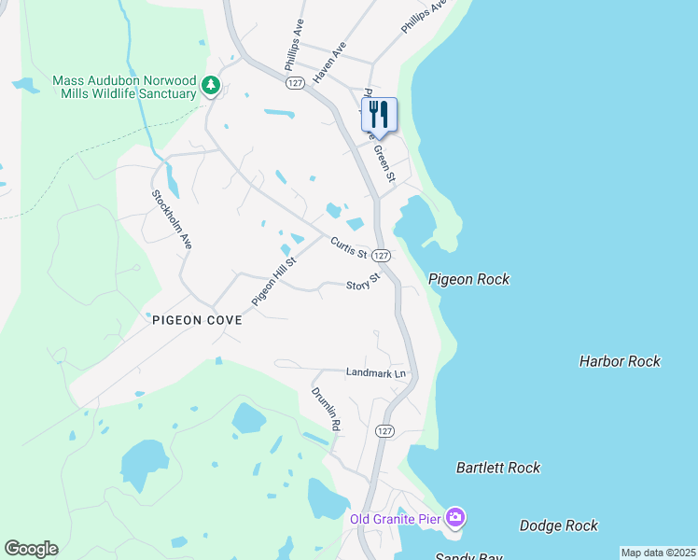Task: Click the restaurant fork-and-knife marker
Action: tap(379, 115)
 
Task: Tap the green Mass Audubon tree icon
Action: tap(211, 87)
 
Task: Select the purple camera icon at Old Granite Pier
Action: tap(454, 517)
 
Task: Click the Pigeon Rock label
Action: tap(469, 279)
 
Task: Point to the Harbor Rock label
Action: tap(620, 361)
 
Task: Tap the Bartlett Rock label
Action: tap(498, 468)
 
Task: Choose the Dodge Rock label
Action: tap(559, 525)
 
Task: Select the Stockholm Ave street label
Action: tap(172, 219)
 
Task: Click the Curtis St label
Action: tap(347, 248)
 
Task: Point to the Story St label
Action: tap(364, 282)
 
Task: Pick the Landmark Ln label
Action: tap(377, 372)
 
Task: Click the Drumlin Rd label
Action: tap(326, 408)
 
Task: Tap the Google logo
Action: tap(31, 549)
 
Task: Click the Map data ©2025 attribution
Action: tap(657, 553)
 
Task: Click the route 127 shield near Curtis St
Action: tap(380, 256)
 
